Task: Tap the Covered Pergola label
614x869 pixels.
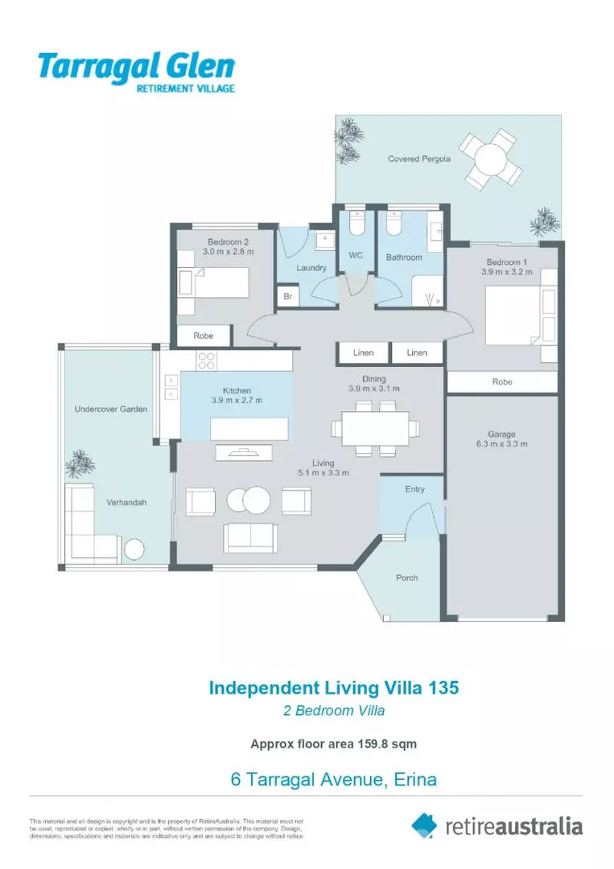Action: click(x=418, y=159)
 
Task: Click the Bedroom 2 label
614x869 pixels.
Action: click(x=228, y=241)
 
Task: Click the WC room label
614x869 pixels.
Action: click(x=356, y=256)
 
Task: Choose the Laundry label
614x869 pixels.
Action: click(x=311, y=267)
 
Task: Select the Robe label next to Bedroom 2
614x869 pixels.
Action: click(x=203, y=336)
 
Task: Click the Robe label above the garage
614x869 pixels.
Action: click(x=501, y=382)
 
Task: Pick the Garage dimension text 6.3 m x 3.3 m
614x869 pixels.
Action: click(x=501, y=444)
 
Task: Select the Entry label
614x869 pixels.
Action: click(x=414, y=489)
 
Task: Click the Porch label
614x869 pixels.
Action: click(x=406, y=578)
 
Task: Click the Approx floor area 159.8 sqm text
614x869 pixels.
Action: click(x=333, y=744)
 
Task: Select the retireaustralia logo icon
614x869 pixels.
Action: click(x=424, y=825)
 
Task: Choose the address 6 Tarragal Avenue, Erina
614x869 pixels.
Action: click(x=333, y=780)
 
